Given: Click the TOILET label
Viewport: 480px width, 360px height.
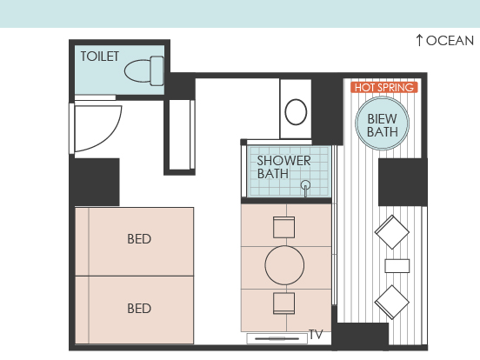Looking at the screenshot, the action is (100, 57).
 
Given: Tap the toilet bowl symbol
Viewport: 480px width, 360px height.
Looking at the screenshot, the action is (143, 71).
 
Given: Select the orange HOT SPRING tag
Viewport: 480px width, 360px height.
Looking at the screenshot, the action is (384, 88).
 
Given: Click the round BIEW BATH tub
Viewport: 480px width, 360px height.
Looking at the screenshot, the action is (382, 123).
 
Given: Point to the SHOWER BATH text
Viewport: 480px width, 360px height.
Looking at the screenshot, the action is (283, 167).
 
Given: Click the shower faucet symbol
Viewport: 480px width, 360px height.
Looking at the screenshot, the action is (305, 188).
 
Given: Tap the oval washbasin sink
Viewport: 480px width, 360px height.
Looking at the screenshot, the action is (296, 111).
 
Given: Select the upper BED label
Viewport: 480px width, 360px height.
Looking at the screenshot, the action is (139, 239).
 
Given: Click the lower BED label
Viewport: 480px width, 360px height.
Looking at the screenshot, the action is (139, 309).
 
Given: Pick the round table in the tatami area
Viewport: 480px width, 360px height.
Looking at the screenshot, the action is (284, 265).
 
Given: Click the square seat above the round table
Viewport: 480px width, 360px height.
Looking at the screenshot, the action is (283, 227).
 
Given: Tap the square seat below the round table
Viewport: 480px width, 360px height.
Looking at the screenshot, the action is (283, 303).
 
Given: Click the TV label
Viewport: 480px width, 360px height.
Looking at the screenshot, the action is (316, 334).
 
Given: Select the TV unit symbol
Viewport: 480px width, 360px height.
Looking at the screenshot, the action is (277, 338).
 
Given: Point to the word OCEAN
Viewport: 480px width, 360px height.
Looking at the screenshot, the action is (450, 41).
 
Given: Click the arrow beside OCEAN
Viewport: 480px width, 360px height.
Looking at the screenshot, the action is (419, 40).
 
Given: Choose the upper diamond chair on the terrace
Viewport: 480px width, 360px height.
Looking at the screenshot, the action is (392, 232).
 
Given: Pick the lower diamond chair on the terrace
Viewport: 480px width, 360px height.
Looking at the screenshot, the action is (392, 302).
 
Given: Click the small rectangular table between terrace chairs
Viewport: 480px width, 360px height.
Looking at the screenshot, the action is (397, 266).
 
